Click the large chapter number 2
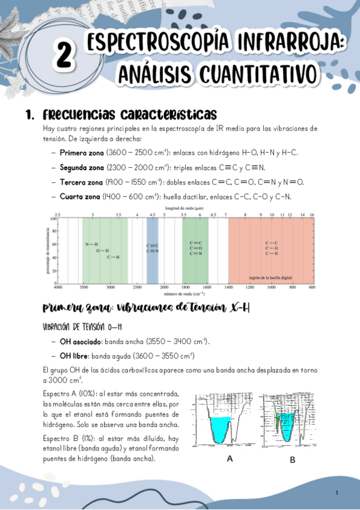point(64,55)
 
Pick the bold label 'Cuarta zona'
point(80,197)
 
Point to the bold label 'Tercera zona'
point(81,182)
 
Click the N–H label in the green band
point(91,244)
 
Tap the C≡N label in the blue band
point(153,251)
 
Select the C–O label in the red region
point(271,248)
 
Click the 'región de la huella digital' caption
point(270,277)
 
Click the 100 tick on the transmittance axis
point(53,219)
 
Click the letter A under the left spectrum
point(230,459)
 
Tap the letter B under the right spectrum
point(293,459)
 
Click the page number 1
point(337,493)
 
